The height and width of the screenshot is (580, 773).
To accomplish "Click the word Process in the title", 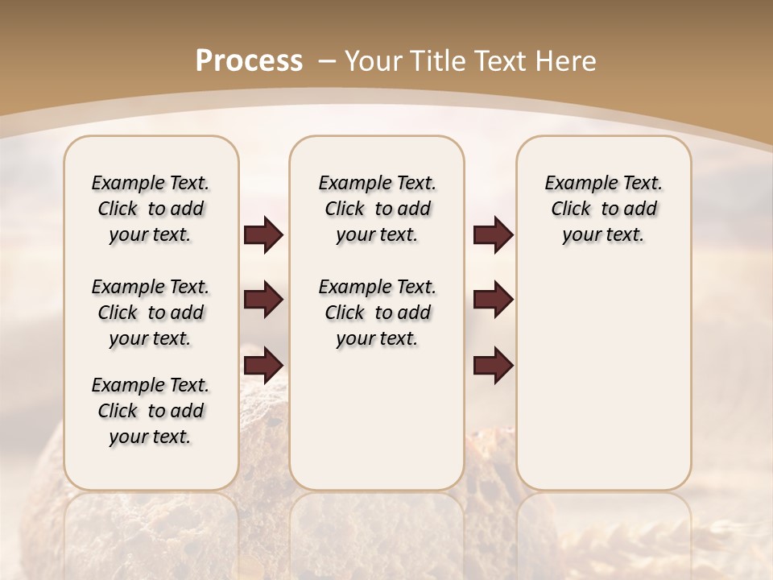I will coord(249,60).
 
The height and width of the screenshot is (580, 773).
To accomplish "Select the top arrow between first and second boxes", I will coord(263,234).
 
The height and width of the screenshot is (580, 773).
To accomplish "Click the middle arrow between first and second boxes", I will coord(263,300).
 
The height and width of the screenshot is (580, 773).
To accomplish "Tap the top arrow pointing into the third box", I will coord(493,234).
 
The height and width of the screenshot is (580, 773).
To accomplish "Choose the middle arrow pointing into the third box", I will coord(493,300).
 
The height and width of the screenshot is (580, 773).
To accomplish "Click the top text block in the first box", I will coord(151,209).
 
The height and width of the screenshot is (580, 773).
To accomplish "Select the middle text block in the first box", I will coord(151,313).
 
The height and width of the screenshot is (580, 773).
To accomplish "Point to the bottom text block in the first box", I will coord(151,411).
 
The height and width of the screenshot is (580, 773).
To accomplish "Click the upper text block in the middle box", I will coord(377,209).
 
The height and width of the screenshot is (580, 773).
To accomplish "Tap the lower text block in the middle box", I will coord(377,313).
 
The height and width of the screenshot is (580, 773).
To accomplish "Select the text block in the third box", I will coord(603,209).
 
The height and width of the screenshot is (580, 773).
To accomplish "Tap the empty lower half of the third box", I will coord(603,387).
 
